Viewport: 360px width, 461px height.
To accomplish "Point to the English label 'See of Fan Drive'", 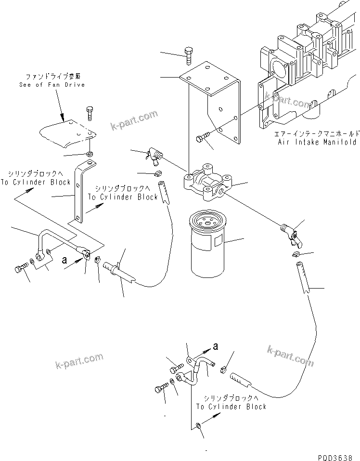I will pos(52,84).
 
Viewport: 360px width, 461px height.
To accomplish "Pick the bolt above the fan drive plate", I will pos(90,113).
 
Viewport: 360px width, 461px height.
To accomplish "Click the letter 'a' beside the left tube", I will pos(64,260).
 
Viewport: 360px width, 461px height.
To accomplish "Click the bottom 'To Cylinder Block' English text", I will pos(231,407).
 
